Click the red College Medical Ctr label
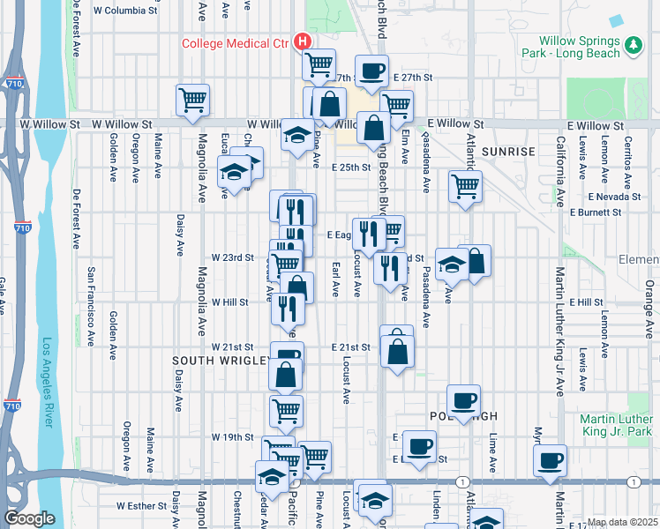point(236,42)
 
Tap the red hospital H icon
point(303,41)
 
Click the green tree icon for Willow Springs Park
point(633,45)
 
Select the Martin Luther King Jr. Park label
point(618,425)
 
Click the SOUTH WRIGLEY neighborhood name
point(221,361)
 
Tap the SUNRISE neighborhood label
point(509,152)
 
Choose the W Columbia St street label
point(125,11)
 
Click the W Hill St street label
point(229,302)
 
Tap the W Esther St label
point(141,506)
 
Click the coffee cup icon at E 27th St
point(371,71)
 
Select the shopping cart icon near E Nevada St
point(464,186)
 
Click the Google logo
point(29,518)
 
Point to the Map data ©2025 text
point(622,522)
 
